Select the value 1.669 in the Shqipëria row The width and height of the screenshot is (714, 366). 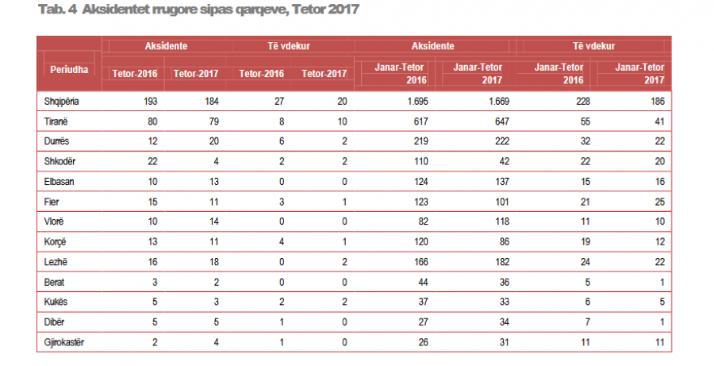click(493, 101)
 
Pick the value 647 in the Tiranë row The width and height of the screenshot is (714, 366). click(500, 121)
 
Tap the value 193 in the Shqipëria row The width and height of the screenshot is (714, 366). click(149, 101)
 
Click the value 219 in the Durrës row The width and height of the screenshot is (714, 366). click(419, 141)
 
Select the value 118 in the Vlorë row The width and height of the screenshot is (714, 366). click(500, 219)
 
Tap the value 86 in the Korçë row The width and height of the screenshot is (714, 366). click(502, 239)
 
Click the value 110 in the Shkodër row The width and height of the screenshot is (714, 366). click(419, 160)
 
